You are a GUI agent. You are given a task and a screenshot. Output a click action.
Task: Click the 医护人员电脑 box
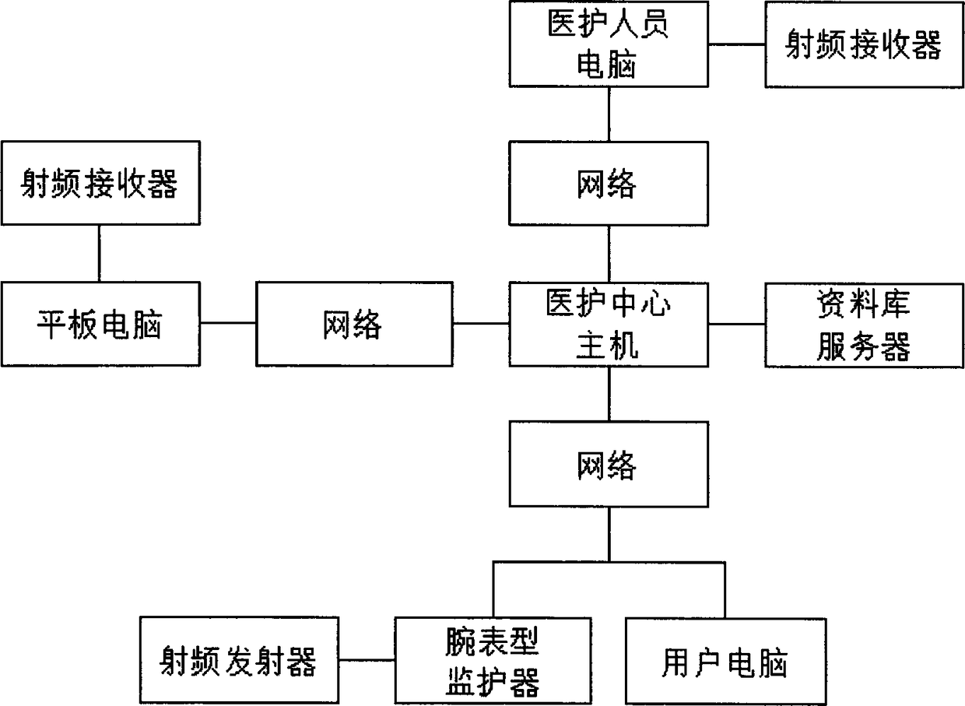[609, 44]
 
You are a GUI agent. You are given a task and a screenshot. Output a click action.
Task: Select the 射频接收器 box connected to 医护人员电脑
[864, 44]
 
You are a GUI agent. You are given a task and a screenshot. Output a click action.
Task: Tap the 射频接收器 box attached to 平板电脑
[100, 184]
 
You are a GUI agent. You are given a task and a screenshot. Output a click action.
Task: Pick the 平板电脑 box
[100, 325]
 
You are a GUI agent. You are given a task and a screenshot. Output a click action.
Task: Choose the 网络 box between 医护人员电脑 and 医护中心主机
[609, 184]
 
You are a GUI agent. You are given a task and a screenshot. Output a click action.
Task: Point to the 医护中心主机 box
[609, 325]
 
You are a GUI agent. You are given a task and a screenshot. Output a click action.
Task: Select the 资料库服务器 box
[864, 325]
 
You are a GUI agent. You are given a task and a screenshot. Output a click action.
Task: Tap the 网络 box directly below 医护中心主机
[609, 465]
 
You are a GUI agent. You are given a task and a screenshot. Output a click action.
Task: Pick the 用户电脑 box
[725, 660]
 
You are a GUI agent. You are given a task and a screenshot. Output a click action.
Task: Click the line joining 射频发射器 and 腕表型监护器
[367, 661]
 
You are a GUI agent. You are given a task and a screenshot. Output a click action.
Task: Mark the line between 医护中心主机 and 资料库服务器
[737, 325]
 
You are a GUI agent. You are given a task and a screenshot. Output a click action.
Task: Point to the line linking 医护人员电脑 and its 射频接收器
[737, 44]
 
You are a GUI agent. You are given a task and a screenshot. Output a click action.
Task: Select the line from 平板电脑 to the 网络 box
[228, 323]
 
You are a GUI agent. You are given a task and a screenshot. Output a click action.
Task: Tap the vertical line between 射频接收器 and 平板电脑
[99, 254]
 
